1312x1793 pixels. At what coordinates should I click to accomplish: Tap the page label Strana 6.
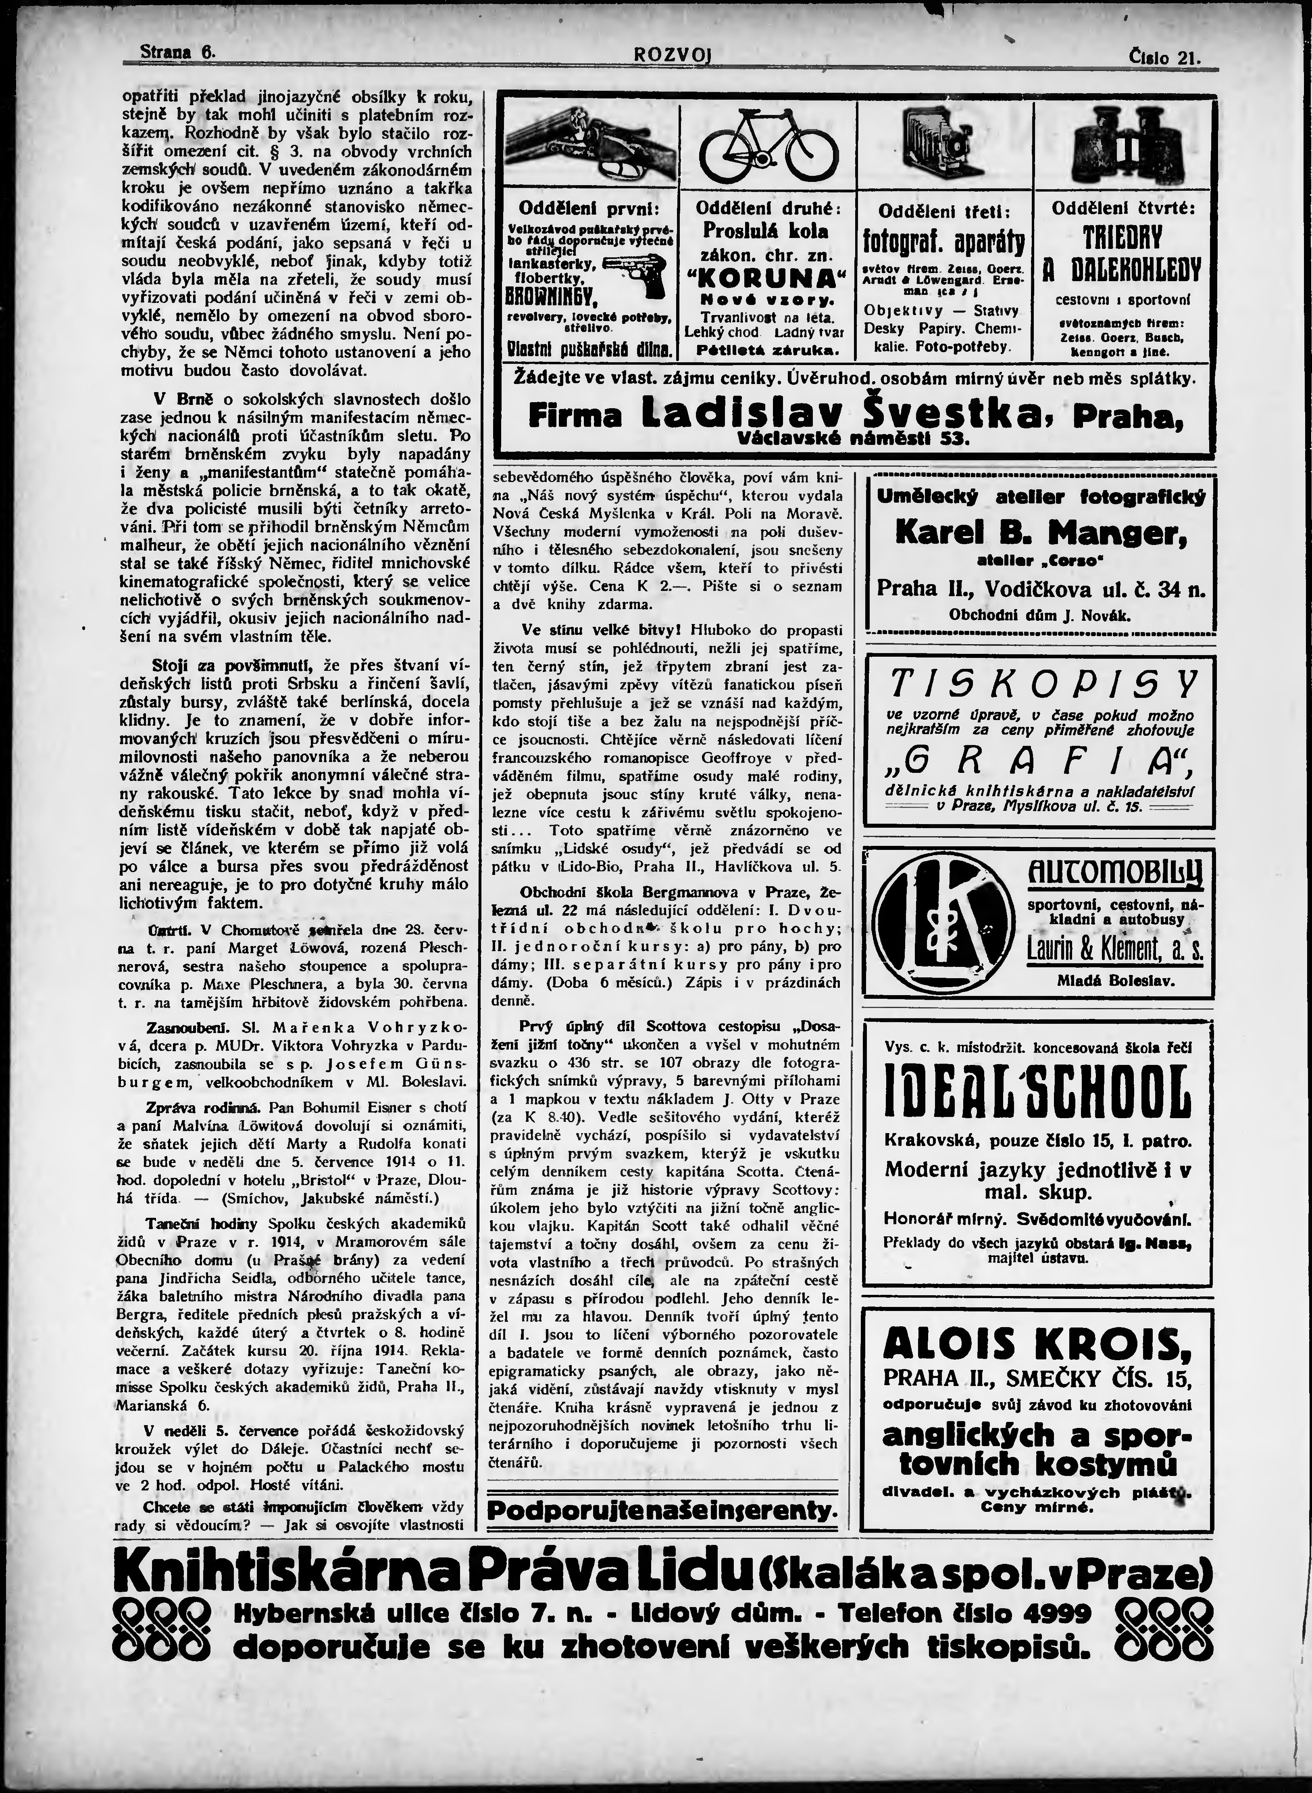[178, 52]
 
